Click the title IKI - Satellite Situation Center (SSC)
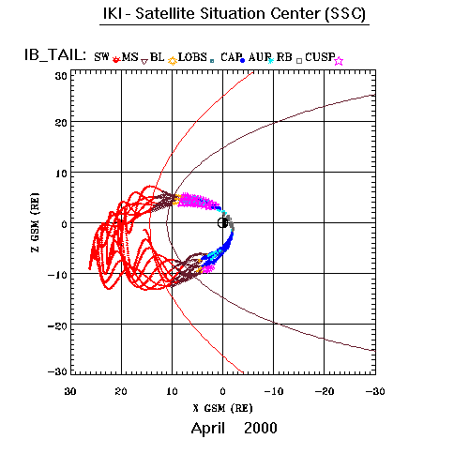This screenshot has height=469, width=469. coord(234,14)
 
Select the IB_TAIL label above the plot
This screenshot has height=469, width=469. coord(55,55)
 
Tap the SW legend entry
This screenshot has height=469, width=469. coord(101,57)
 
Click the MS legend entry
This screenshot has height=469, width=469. coord(129,57)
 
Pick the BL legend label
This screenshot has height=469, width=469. coord(157,57)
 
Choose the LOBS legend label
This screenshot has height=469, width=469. coord(192,57)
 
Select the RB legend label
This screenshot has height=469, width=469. coord(284,57)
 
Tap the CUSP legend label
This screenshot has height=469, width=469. coord(320,57)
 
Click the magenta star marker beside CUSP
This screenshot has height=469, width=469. coord(339,61)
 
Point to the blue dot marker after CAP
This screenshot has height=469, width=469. coord(242,61)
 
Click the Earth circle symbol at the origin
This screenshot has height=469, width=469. coord(222,223)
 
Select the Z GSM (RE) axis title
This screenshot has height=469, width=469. coord(36,222)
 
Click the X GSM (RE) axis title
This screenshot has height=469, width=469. coord(222,408)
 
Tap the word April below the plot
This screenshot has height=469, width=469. coord(208,429)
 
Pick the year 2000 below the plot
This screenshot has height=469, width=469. coord(261,428)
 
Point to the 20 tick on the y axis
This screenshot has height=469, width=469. coord(61,123)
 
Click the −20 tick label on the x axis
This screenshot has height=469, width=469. coord(325,391)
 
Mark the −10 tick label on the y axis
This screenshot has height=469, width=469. coord(57,276)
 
